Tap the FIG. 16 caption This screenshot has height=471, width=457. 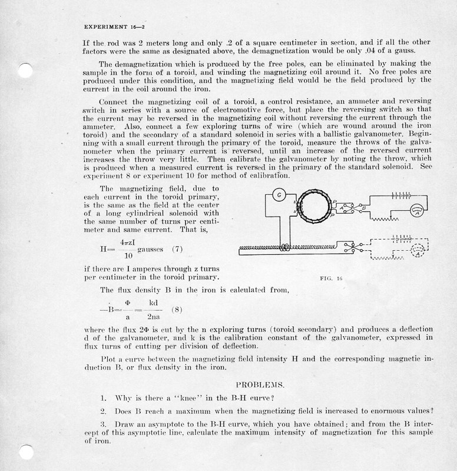(330, 278)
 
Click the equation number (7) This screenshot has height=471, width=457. (177, 248)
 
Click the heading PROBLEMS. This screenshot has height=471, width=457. (260, 385)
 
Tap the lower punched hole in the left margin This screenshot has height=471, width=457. (24, 452)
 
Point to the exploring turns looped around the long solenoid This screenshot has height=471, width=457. (286, 247)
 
